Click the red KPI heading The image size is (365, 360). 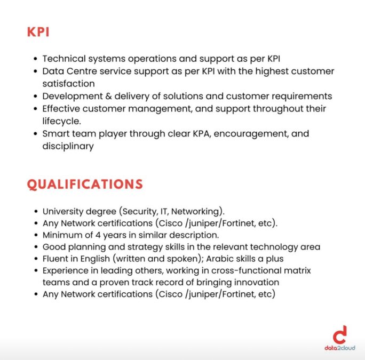(38, 32)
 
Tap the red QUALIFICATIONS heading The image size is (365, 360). (85, 185)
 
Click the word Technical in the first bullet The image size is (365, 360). (62, 59)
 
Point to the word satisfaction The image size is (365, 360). (68, 84)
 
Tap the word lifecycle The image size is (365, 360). (60, 121)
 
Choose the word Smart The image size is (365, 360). (54, 133)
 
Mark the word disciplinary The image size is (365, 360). (68, 146)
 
